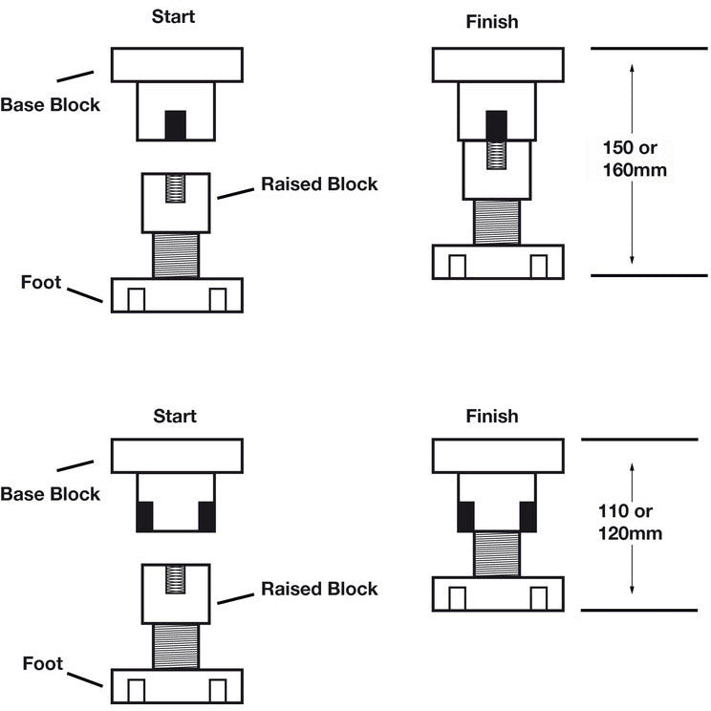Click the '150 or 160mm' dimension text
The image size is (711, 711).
click(635, 160)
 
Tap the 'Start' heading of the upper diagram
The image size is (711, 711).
click(176, 16)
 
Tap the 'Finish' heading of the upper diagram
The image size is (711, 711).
click(492, 20)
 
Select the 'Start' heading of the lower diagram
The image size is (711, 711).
click(176, 416)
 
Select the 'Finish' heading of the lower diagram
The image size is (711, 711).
click(492, 416)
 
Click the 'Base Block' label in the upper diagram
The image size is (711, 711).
click(50, 105)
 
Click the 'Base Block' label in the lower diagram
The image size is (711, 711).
click(50, 494)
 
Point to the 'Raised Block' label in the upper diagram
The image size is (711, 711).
click(319, 184)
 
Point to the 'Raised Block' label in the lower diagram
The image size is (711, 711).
click(319, 589)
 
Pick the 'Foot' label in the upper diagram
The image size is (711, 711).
click(41, 282)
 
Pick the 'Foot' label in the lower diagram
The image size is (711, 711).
click(41, 663)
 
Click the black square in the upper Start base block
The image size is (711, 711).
click(176, 125)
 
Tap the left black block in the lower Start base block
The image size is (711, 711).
click(145, 516)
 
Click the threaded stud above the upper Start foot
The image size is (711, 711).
click(177, 255)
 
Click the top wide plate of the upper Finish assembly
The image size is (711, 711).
click(497, 64)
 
